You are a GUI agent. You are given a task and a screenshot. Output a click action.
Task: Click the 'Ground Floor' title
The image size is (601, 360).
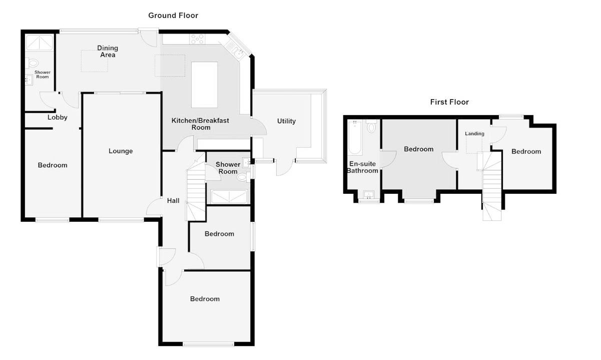click(x=173, y=16)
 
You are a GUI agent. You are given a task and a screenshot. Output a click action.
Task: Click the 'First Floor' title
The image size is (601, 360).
click(x=449, y=102)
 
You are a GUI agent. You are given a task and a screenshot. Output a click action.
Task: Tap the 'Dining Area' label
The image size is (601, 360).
click(x=108, y=52)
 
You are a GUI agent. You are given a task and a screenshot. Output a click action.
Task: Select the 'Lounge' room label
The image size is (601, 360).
click(x=121, y=151)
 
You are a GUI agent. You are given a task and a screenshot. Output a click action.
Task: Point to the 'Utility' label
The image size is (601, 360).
click(x=286, y=121)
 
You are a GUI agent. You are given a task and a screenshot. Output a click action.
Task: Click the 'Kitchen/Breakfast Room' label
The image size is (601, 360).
click(x=200, y=124)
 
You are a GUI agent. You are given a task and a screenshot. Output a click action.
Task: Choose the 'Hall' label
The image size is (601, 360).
click(x=173, y=201)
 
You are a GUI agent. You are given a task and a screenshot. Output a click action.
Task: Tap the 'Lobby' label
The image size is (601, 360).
click(x=57, y=118)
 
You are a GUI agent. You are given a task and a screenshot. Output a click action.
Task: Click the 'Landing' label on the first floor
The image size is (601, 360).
click(x=474, y=134)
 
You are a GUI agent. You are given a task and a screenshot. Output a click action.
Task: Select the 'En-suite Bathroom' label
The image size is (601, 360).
click(x=363, y=167)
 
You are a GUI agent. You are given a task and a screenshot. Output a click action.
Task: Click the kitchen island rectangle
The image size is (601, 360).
click(x=204, y=85)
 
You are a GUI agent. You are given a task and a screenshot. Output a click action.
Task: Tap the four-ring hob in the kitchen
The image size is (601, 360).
click(x=197, y=39)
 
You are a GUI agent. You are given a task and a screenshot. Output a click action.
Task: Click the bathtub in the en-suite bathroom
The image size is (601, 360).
click(x=355, y=138)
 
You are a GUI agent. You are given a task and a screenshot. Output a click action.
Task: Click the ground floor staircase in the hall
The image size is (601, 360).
click(x=196, y=193)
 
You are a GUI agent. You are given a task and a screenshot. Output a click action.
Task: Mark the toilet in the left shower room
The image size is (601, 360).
click(x=33, y=63)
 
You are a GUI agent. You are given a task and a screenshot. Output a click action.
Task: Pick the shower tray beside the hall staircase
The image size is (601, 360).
click(x=230, y=196)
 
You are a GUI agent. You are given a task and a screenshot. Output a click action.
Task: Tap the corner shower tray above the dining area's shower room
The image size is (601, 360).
click(x=39, y=43)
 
